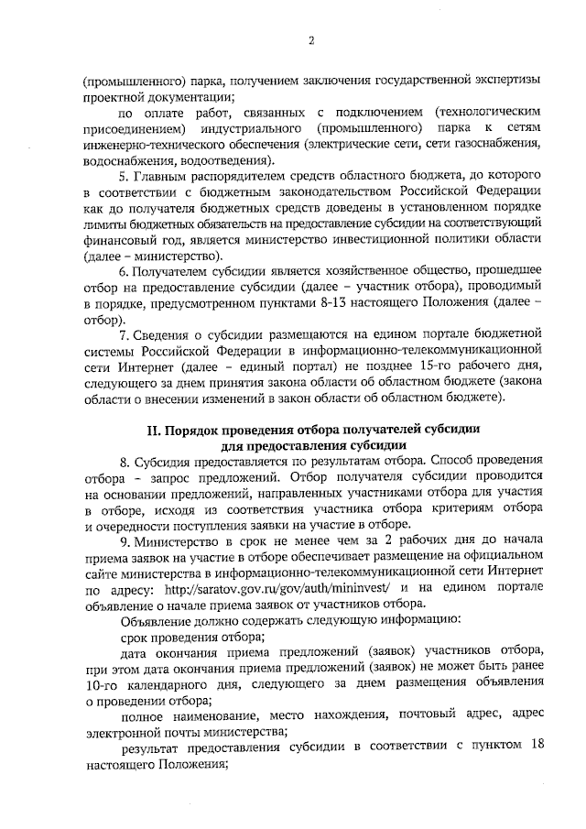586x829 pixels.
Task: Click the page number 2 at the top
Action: tap(311, 41)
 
